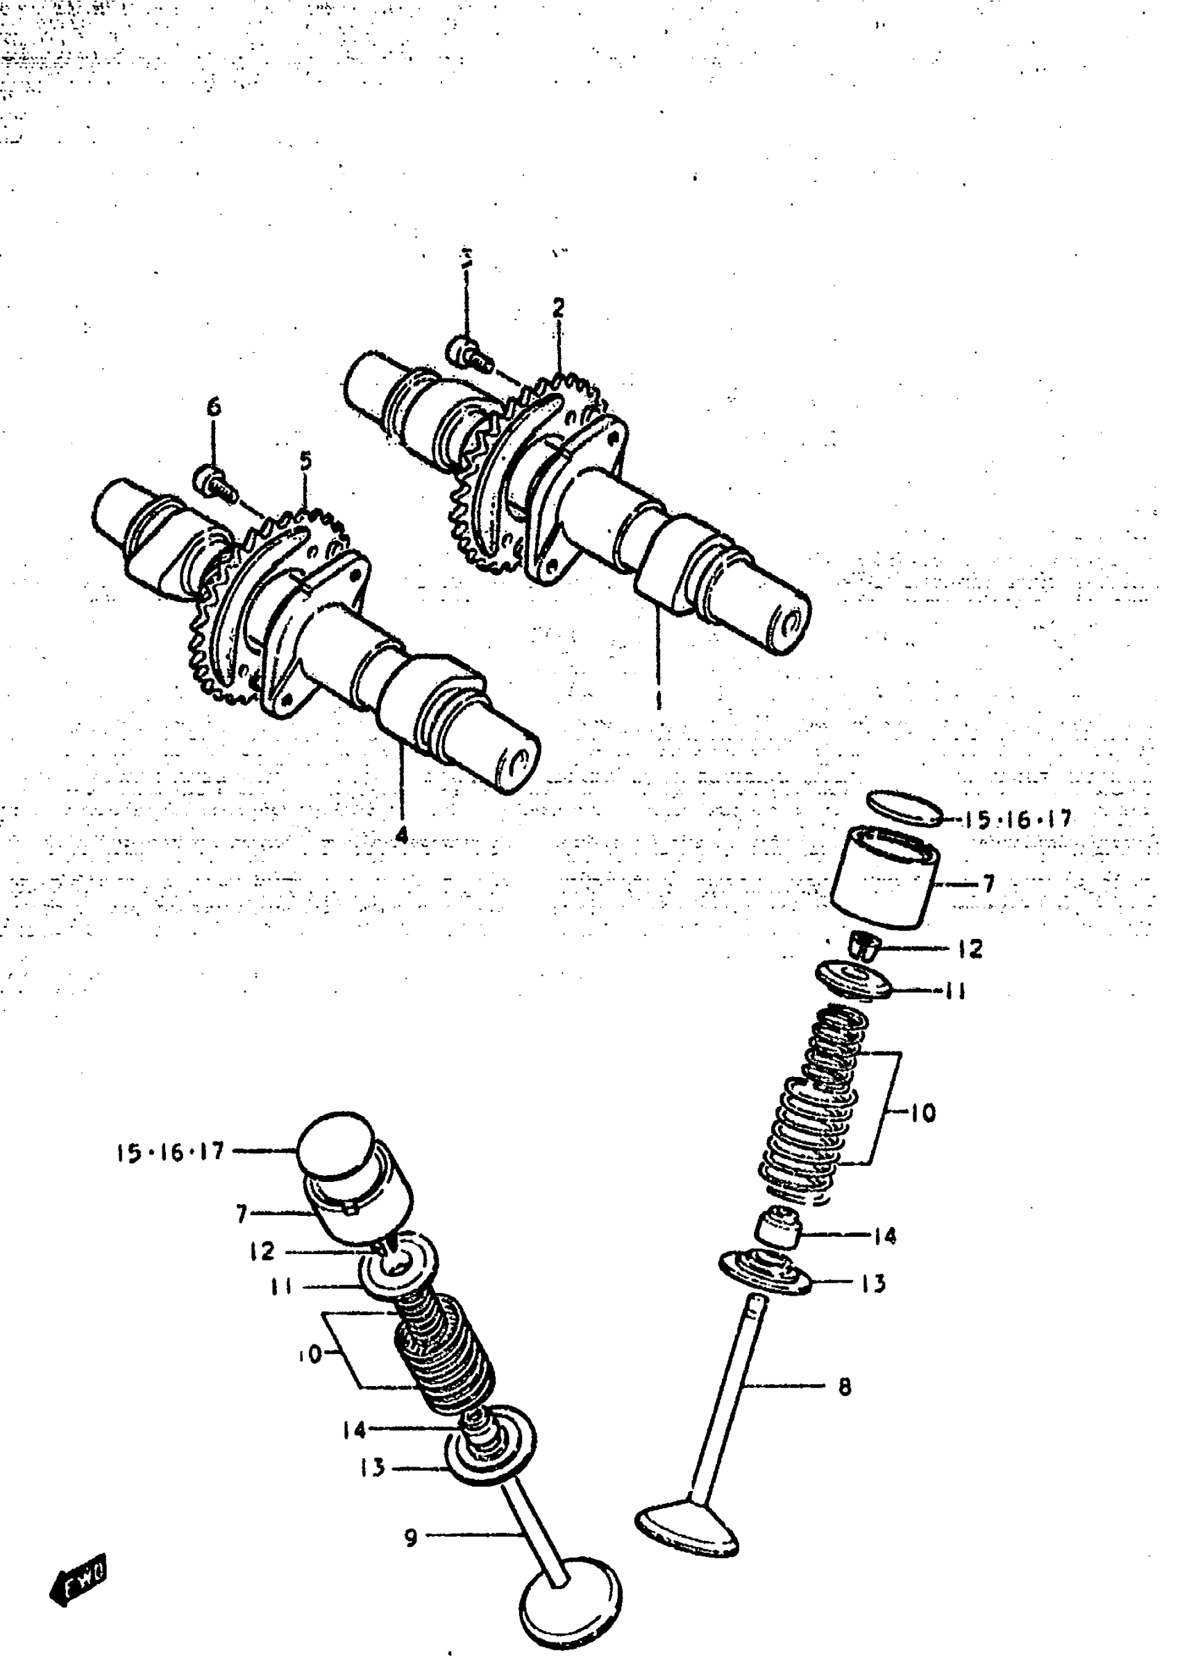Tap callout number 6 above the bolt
tap(214, 407)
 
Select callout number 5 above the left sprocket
tap(305, 461)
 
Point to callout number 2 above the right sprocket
tap(558, 308)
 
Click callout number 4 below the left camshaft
tap(401, 835)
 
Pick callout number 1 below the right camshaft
tap(658, 701)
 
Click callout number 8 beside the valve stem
tap(844, 1387)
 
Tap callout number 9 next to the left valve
tap(410, 1538)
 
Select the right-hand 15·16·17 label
tap(1018, 820)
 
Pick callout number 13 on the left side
tap(372, 1468)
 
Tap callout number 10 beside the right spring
tap(922, 1112)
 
